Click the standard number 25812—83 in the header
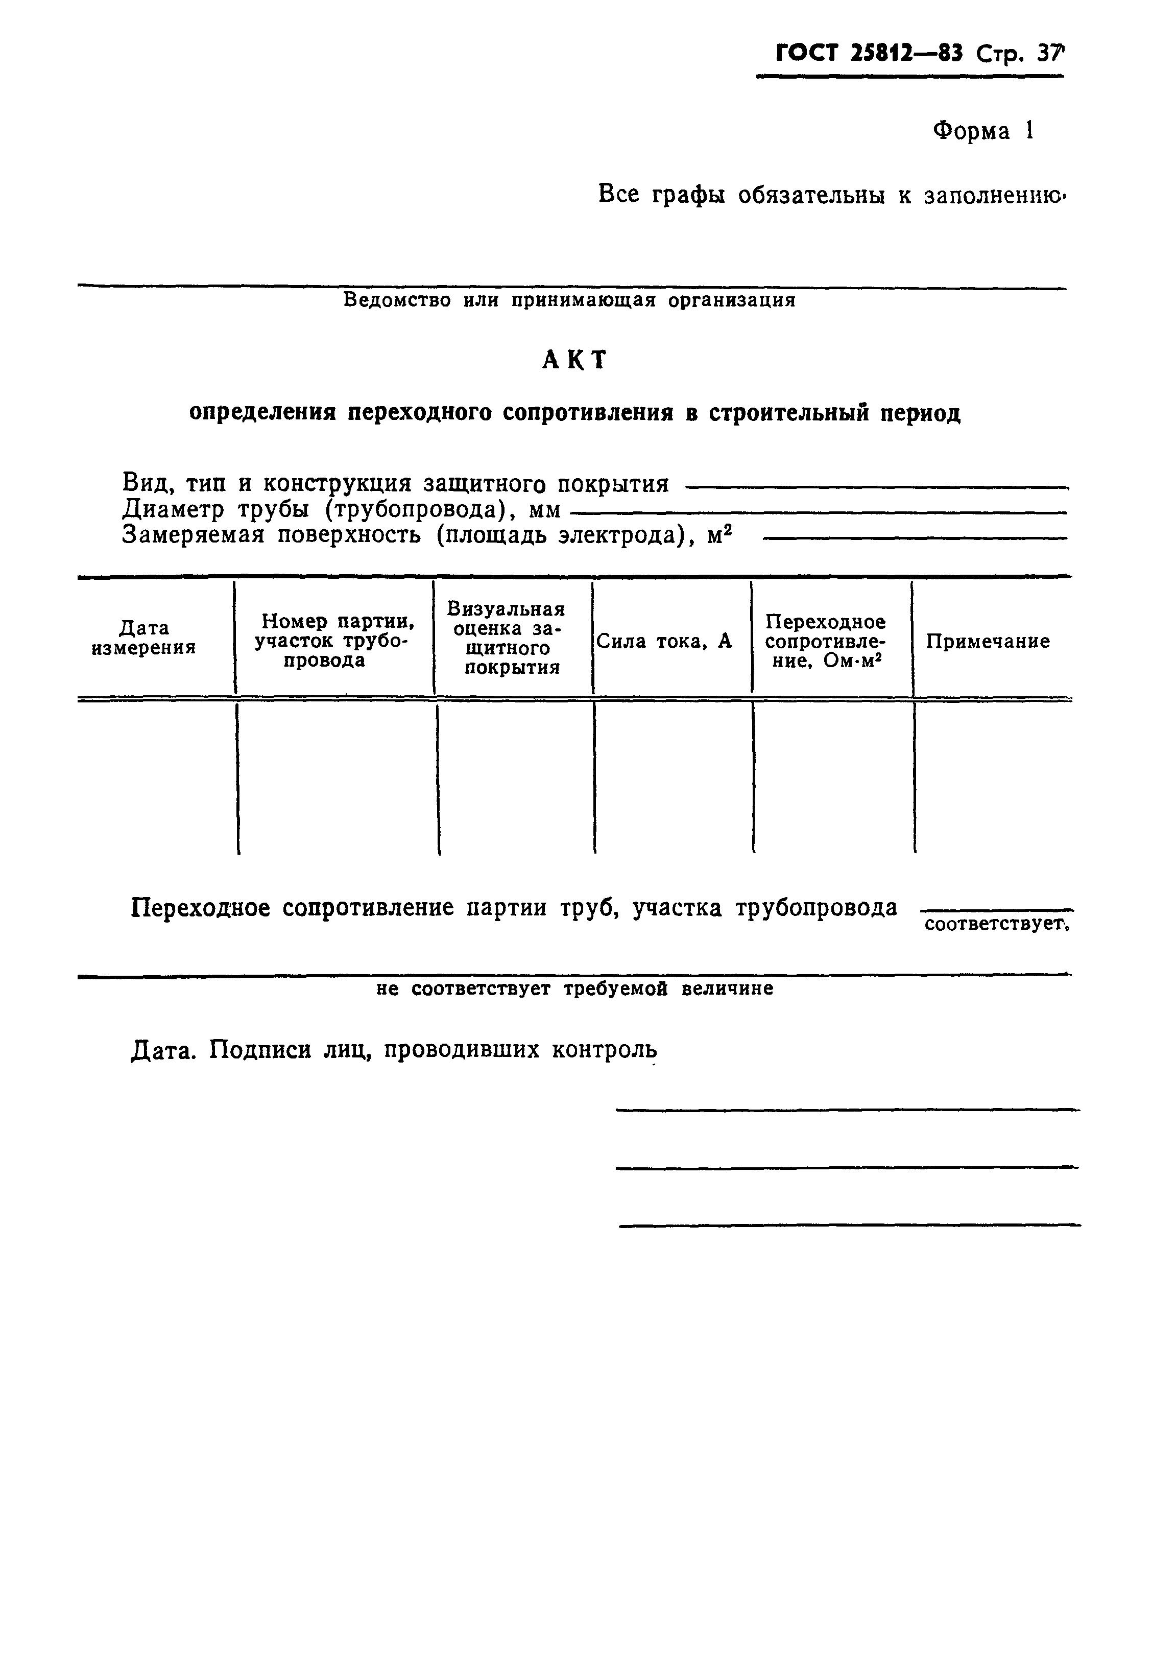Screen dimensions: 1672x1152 pyautogui.click(x=906, y=54)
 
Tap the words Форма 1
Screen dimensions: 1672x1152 pyautogui.click(x=983, y=131)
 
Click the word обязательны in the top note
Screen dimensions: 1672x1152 pyautogui.click(x=810, y=195)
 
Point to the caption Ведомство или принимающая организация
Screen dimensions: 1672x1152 pyautogui.click(x=569, y=300)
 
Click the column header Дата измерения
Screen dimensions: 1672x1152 pyautogui.click(x=143, y=638)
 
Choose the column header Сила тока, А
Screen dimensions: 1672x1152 pyautogui.click(x=664, y=641)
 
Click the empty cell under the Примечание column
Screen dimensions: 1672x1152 pyautogui.click(x=993, y=778)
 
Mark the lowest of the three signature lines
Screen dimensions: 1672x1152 pyautogui.click(x=849, y=1225)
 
